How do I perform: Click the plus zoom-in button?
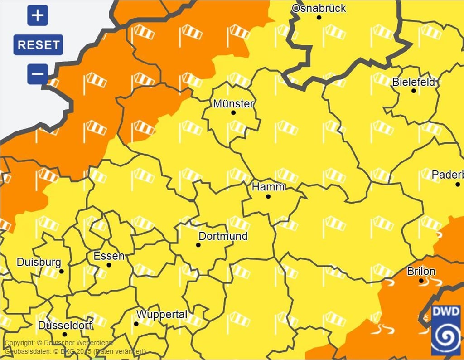pos(38,16)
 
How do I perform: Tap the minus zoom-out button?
pos(38,73)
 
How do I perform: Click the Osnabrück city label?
pos(319,8)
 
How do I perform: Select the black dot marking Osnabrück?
pos(319,18)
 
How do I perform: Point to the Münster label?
pos(233,104)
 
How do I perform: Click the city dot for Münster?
pos(233,112)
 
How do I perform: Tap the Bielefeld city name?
pos(413,82)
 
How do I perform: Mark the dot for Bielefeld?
pos(413,91)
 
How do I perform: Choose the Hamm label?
pos(268,187)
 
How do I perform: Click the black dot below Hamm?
pos(268,196)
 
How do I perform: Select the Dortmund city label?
pos(223,236)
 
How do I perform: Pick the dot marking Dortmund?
pos(198,245)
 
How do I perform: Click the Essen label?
pos(109,256)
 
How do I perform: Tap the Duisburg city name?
pos(39,262)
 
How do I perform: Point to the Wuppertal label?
pos(162,314)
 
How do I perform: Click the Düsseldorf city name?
pos(65,326)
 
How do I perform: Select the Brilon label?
pos(421,272)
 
